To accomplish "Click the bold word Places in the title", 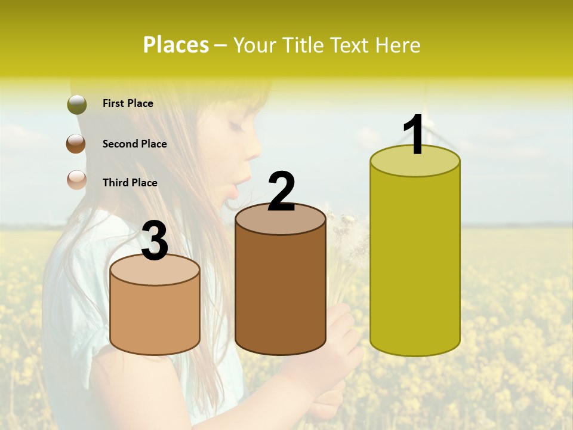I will click(176, 45).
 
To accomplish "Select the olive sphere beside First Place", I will click(76, 104).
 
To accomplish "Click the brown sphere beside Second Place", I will click(76, 144).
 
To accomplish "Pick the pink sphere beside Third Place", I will click(76, 180).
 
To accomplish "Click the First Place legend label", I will click(128, 103).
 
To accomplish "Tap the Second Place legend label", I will click(134, 144).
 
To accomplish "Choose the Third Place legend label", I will click(130, 183).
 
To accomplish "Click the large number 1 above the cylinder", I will click(414, 136).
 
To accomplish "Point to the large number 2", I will click(281, 192).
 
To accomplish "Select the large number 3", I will click(155, 242).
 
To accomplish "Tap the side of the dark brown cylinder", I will click(280, 293).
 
